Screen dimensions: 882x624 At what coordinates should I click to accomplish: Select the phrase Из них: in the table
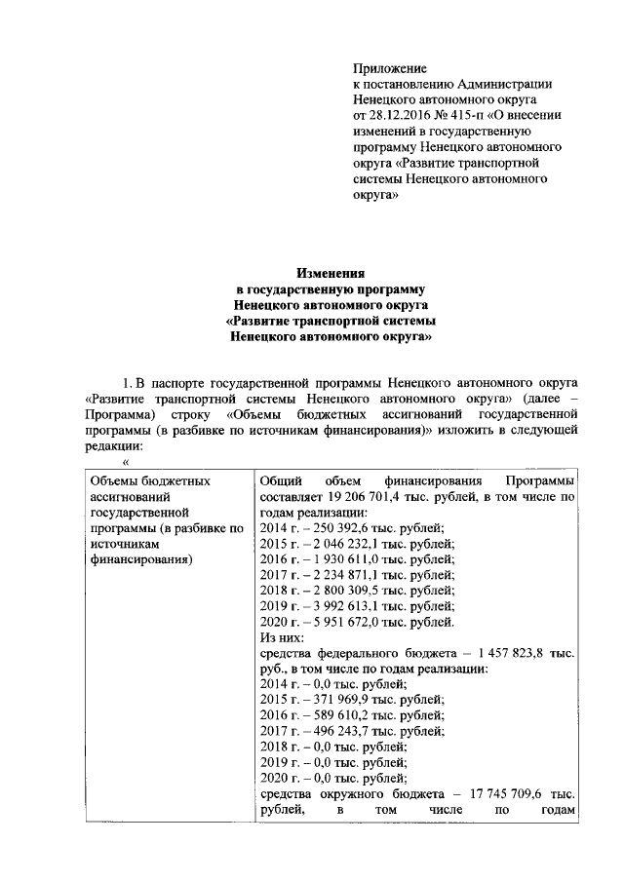coord(282,636)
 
